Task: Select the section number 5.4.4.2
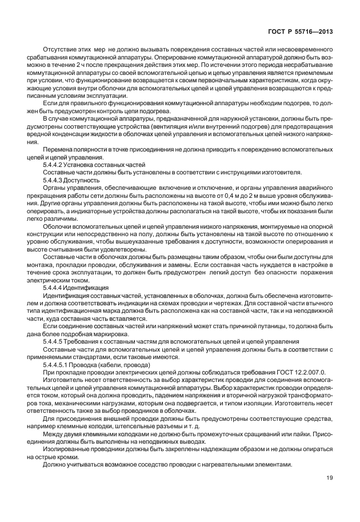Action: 53,164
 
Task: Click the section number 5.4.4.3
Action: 53,180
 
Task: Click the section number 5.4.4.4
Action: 53,289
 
